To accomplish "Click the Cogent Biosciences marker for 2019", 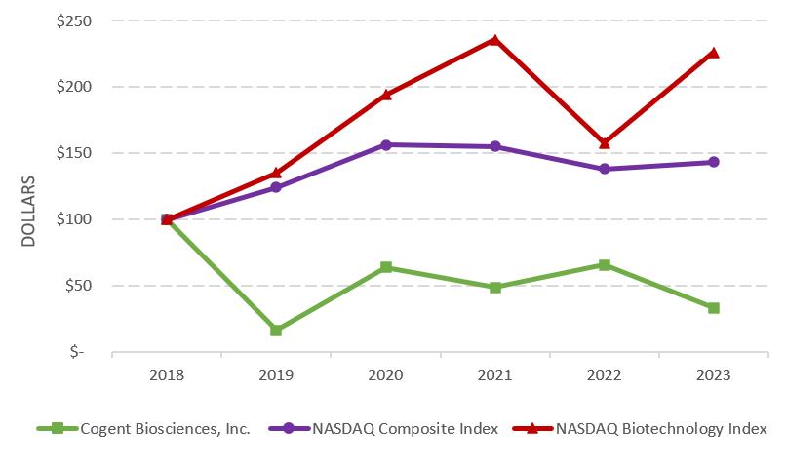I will point(276,331).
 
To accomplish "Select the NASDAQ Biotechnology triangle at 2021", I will point(495,40).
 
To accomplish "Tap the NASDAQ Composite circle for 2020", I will point(386,145).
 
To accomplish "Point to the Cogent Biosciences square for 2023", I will point(714,308).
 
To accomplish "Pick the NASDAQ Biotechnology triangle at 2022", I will point(605,142).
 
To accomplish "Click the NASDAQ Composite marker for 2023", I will point(714,162).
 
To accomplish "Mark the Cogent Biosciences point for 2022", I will point(605,265).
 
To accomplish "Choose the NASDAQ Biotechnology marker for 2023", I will point(714,53).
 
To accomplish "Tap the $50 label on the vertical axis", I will point(77,286).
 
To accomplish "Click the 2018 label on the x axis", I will point(167,374).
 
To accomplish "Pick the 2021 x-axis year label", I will point(495,374).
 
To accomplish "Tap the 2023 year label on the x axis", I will point(714,374).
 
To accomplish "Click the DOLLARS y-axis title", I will point(28,211).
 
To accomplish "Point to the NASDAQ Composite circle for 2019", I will point(276,187).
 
